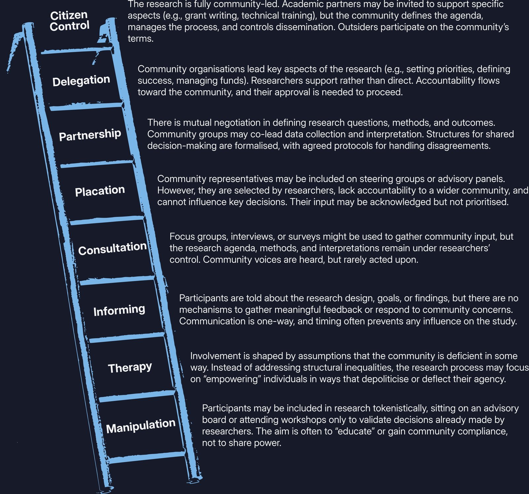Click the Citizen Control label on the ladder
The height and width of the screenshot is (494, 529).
coord(69,20)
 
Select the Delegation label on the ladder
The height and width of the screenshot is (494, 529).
coord(81,80)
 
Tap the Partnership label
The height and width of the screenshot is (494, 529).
coord(90,135)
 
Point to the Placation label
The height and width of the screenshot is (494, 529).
coord(100,191)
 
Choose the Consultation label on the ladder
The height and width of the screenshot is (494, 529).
coord(112,248)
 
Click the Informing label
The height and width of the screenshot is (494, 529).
coord(119,310)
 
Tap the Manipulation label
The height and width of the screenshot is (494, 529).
coord(141,426)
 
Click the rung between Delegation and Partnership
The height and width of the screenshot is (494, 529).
coord(86,106)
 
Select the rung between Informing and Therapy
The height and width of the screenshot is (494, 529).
coord(127,337)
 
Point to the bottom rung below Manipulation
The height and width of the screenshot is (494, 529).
coord(146,457)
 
